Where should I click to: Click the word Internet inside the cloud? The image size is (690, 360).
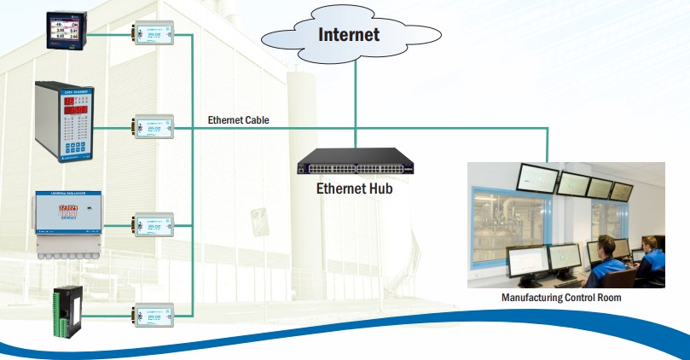[348, 35]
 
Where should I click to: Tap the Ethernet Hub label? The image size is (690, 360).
[355, 189]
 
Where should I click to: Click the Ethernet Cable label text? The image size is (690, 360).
[239, 120]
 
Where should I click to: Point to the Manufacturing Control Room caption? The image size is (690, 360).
[561, 298]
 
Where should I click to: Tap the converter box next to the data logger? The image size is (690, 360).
[154, 225]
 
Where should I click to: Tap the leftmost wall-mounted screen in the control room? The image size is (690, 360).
[538, 177]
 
